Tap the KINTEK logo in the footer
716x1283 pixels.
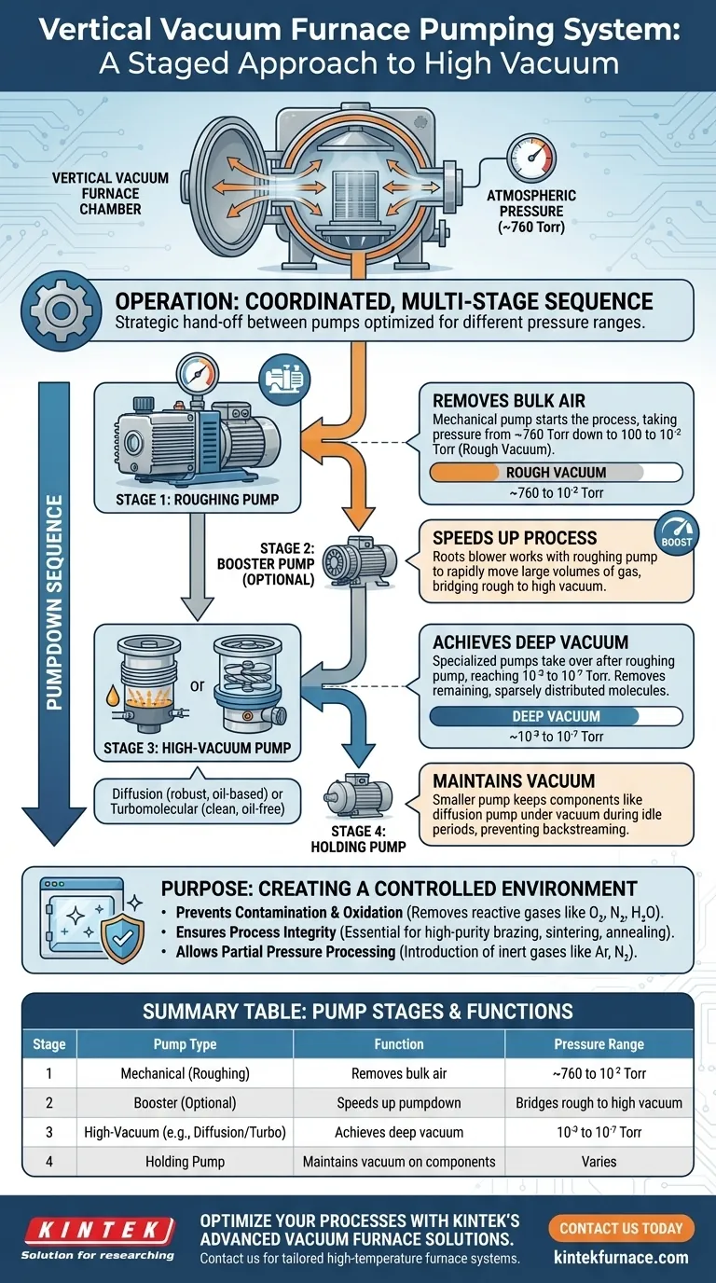[x=97, y=1229]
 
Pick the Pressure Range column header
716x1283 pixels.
[x=599, y=1043]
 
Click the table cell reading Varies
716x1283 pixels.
[x=599, y=1162]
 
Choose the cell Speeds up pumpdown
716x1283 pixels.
[x=399, y=1102]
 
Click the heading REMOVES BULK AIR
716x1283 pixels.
[x=509, y=401]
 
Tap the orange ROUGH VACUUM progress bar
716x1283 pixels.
[x=535, y=472]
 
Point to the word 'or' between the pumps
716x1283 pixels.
[x=197, y=685]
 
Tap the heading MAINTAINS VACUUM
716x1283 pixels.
[x=514, y=780]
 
